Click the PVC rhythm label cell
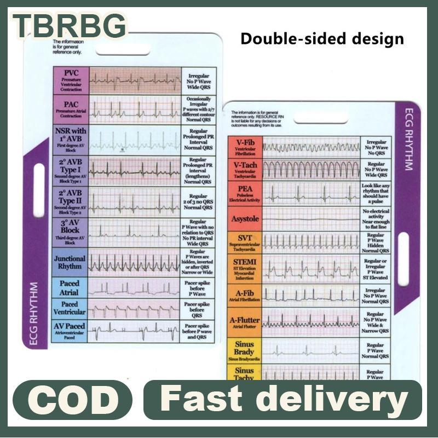(x=70, y=80)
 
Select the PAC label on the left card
(x=70, y=109)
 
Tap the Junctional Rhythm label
(x=70, y=262)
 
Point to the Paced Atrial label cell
(x=70, y=288)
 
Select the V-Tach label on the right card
(x=244, y=170)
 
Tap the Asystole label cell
(x=244, y=218)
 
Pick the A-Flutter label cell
(x=244, y=321)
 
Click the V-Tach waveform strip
(x=310, y=169)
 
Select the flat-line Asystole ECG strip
(x=310, y=218)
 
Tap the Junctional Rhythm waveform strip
(x=134, y=263)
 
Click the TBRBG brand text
(x=69, y=26)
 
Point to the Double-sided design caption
(x=322, y=39)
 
